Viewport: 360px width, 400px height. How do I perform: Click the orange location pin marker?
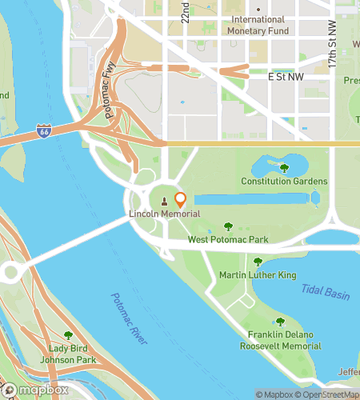pyautogui.click(x=180, y=200)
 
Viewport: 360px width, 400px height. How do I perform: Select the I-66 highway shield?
pyautogui.click(x=45, y=130)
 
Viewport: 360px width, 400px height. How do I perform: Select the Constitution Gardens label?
pyautogui.click(x=284, y=182)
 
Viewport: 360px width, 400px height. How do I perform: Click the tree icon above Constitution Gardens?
pyautogui.click(x=284, y=168)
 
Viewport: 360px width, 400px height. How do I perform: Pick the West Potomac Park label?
pyautogui.click(x=228, y=239)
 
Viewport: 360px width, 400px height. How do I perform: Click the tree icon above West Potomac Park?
pyautogui.click(x=228, y=226)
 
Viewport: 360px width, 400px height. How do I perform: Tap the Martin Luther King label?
pyautogui.click(x=258, y=275)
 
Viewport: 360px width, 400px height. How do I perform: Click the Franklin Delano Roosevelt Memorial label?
pyautogui.click(x=280, y=340)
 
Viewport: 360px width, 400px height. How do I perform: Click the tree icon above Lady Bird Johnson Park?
pyautogui.click(x=68, y=336)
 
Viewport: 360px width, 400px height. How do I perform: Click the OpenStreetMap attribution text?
pyautogui.click(x=327, y=394)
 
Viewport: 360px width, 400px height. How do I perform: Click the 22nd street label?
pyautogui.click(x=185, y=11)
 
